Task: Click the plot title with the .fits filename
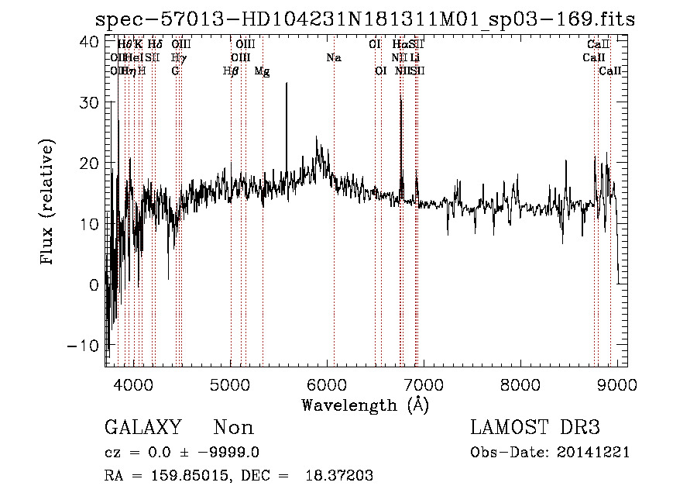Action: pos(365,19)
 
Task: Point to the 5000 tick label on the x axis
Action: pos(231,384)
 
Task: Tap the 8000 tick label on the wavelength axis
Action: pos(520,384)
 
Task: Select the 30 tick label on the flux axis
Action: pos(90,102)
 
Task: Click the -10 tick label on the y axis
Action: pos(84,345)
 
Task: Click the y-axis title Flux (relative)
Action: pos(48,202)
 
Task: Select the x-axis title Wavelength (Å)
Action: pos(365,405)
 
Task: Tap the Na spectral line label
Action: pos(334,58)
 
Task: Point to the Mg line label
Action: pos(262,71)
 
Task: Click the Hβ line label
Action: pos(231,71)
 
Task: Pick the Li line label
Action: pos(416,58)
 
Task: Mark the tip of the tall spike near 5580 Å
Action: pos(287,84)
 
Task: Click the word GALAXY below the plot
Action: pos(143,428)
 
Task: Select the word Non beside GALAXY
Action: pos(233,428)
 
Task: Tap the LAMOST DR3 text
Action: pos(535,428)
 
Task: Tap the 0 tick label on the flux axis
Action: pos(94,284)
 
